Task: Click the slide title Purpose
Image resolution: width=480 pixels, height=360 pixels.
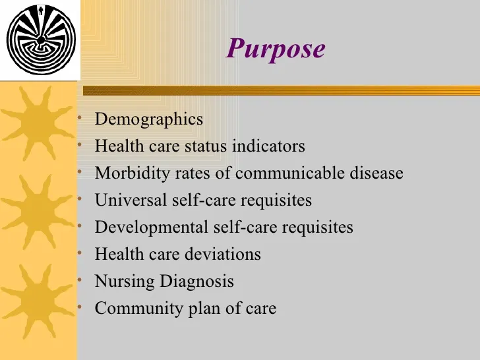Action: tap(276, 49)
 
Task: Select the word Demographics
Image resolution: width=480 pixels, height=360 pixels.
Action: tap(149, 119)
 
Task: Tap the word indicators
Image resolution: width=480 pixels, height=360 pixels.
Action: tap(268, 146)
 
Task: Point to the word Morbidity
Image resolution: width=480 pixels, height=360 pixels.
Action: tap(132, 173)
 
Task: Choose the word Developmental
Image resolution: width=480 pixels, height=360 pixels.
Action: tap(152, 227)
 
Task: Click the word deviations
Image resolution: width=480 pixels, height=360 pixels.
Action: tap(223, 254)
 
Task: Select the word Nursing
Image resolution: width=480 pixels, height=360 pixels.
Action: tap(125, 282)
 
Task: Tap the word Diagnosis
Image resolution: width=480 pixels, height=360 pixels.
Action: tap(197, 282)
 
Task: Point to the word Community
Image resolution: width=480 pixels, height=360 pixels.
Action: tap(139, 309)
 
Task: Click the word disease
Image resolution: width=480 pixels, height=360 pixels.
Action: tap(376, 173)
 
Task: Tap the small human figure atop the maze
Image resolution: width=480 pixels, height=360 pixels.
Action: tap(41, 11)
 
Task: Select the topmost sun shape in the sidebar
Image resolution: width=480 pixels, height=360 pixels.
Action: tap(38, 123)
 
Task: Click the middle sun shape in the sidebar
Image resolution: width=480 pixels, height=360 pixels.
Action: tap(38, 212)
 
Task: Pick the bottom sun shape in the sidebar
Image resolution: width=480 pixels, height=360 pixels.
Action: tap(38, 301)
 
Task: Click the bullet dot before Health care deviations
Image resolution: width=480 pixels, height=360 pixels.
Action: tap(80, 253)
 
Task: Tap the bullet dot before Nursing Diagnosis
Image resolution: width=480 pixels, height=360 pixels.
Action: tap(80, 280)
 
